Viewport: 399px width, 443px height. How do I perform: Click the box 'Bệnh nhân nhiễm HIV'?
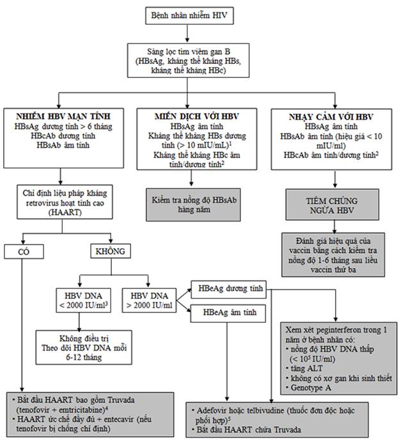189,15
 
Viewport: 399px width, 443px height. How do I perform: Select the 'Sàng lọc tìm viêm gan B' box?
188,61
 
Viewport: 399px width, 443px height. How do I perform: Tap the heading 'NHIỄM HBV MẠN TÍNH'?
63,116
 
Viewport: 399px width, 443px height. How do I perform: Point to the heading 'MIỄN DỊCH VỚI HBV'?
197,116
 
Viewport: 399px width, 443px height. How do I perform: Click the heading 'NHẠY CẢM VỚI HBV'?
331,117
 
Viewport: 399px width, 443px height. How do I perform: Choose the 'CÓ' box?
24,251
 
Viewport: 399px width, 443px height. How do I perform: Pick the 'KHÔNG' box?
111,251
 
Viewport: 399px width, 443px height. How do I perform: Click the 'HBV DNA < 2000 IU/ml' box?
83,300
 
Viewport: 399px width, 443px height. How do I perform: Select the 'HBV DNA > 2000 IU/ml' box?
149,300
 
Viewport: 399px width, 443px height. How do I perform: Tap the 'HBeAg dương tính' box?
229,290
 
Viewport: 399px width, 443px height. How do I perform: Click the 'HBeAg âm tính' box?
228,313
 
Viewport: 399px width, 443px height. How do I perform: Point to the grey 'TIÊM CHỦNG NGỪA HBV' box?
332,205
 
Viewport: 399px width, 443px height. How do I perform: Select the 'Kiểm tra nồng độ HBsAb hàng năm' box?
193,205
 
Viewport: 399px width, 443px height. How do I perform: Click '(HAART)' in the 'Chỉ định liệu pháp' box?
65,212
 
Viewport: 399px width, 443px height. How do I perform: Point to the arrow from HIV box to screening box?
187,34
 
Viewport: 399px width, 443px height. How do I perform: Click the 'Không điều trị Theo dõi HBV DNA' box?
84,348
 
